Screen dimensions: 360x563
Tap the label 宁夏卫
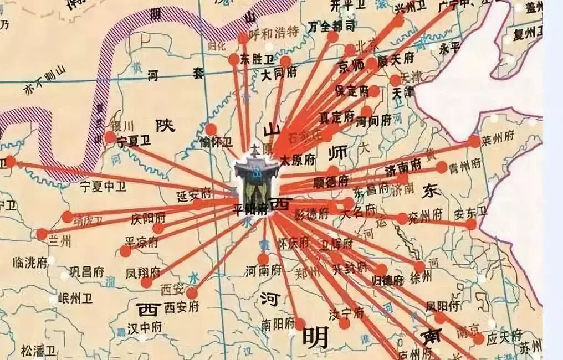point(134,141)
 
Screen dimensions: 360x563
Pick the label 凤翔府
point(142,272)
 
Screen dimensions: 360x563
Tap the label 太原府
point(297,160)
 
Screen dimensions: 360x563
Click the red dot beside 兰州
point(42,234)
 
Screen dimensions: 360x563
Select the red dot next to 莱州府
point(474,141)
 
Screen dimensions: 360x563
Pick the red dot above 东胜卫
point(243,38)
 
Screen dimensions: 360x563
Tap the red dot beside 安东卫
point(471,224)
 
